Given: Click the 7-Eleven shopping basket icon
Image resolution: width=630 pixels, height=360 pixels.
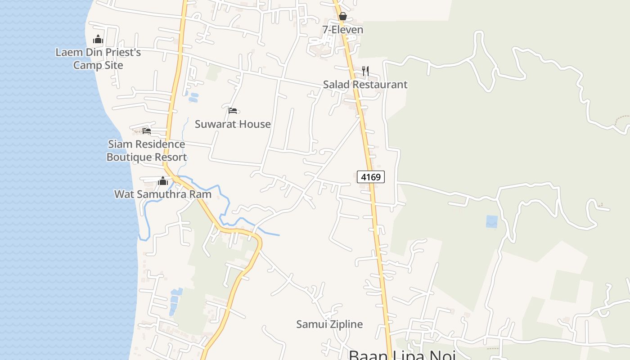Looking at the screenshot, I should [343, 17].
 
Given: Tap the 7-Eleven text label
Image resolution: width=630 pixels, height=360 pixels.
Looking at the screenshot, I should [342, 30].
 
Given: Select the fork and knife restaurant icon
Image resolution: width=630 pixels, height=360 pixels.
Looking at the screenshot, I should [365, 71].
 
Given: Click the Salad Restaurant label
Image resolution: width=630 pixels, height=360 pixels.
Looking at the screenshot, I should [365, 85].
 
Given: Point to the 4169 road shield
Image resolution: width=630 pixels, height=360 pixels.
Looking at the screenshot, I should [371, 177].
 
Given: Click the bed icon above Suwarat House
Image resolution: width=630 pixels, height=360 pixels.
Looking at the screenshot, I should [233, 111].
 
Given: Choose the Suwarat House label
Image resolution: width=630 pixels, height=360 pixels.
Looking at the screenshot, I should [233, 124].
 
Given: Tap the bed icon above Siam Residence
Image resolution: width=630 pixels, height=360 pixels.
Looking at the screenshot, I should [147, 131].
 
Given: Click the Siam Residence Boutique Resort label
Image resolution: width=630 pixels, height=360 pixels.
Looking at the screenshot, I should [147, 151].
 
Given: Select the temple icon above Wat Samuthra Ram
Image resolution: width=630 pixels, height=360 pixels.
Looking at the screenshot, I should [163, 181].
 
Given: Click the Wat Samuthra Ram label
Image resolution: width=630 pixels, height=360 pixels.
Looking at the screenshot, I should [163, 194].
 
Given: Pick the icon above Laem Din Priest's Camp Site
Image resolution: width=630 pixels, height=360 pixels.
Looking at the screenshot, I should [98, 39].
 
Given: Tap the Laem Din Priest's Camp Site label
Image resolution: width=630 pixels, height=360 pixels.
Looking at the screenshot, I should [98, 58].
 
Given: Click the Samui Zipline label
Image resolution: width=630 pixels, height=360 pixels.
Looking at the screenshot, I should [329, 324].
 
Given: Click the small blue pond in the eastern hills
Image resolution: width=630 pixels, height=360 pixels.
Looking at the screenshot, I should [492, 221].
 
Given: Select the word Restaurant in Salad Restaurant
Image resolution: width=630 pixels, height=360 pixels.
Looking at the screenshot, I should [380, 85].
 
